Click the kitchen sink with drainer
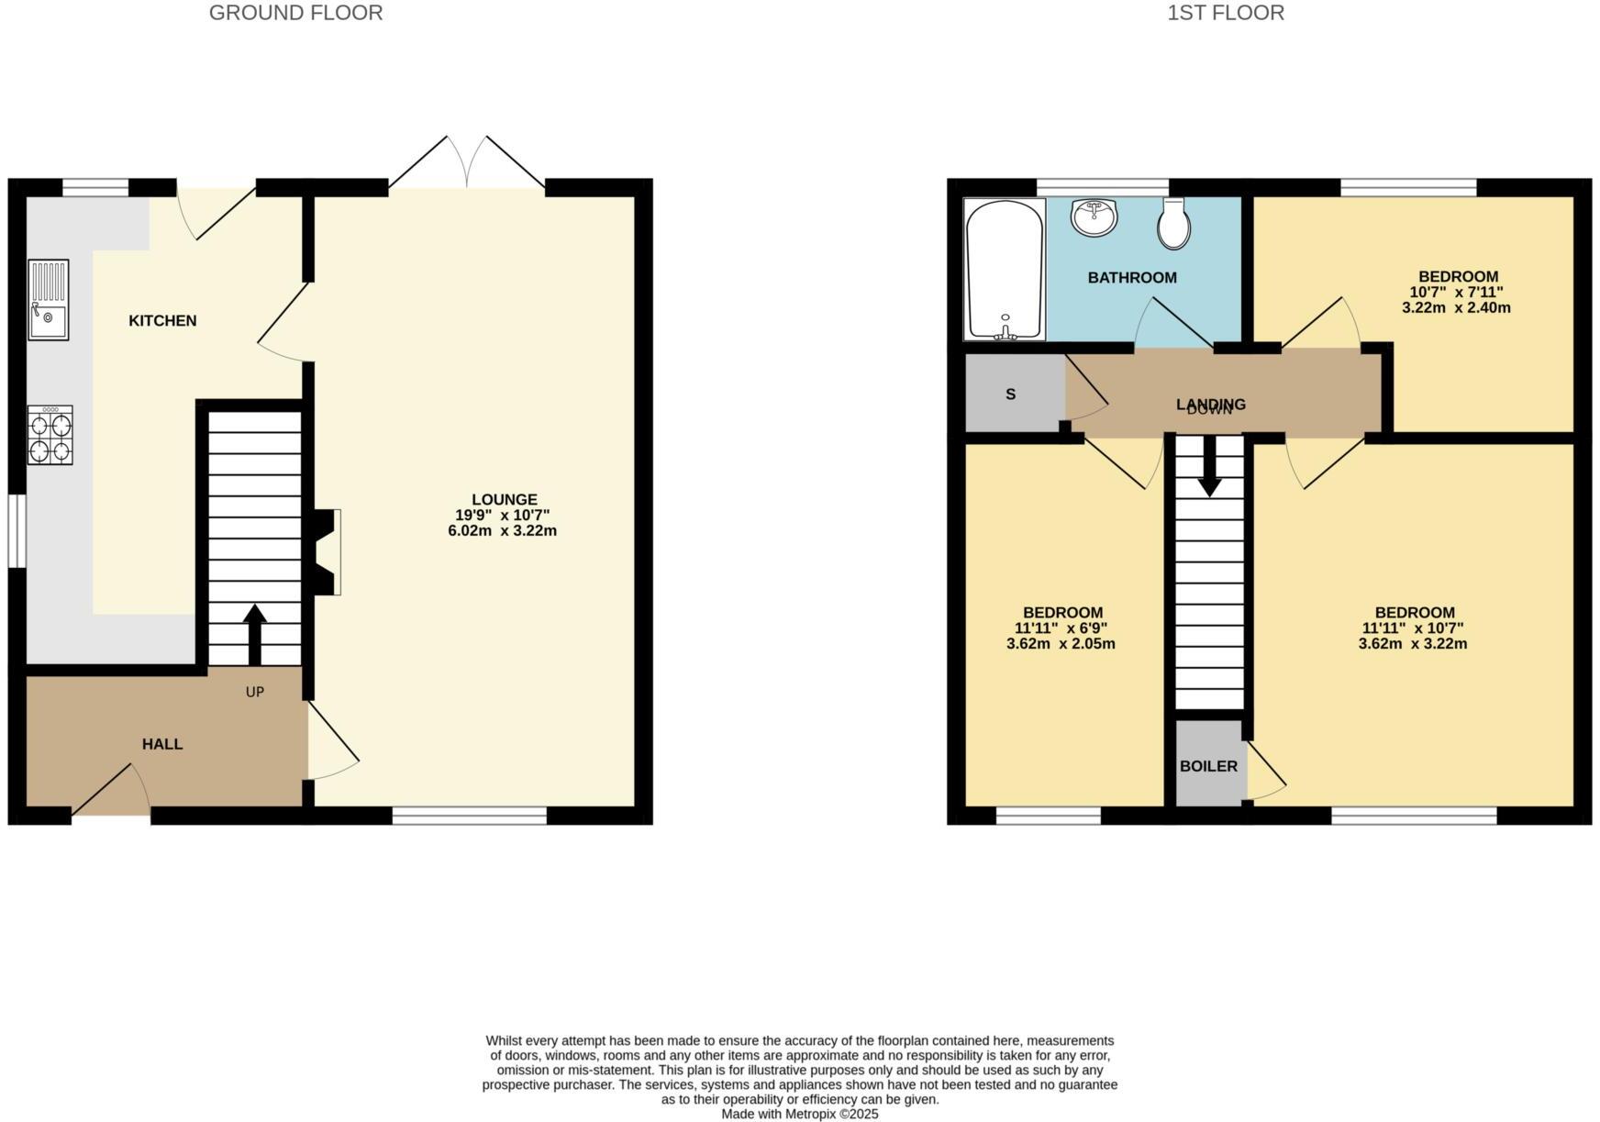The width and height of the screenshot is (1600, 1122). point(48,300)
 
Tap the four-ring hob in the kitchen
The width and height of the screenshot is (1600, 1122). point(50,435)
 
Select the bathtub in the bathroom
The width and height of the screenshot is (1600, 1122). point(1005,270)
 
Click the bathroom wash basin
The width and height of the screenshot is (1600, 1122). point(1094,217)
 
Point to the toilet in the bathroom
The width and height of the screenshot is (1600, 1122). point(1173,224)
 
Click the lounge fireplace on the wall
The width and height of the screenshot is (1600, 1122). point(326,552)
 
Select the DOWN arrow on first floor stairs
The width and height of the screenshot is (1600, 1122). point(1209,464)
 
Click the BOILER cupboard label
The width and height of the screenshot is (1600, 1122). point(1208,766)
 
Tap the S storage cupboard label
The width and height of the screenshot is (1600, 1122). point(1010,394)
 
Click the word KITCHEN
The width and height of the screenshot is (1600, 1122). point(162,320)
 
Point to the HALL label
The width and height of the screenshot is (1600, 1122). point(162,744)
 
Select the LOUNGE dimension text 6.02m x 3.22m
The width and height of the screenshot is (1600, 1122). point(502,530)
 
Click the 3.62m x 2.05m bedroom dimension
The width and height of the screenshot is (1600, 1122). point(1061,644)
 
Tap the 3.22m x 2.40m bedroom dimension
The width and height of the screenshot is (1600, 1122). point(1456,307)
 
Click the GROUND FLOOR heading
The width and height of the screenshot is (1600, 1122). point(295,13)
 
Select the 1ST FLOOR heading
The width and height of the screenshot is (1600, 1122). point(1225,13)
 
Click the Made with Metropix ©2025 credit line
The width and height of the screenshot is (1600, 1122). point(799,1114)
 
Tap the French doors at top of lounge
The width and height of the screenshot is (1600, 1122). point(467,165)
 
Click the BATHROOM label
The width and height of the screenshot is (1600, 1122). point(1131,277)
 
